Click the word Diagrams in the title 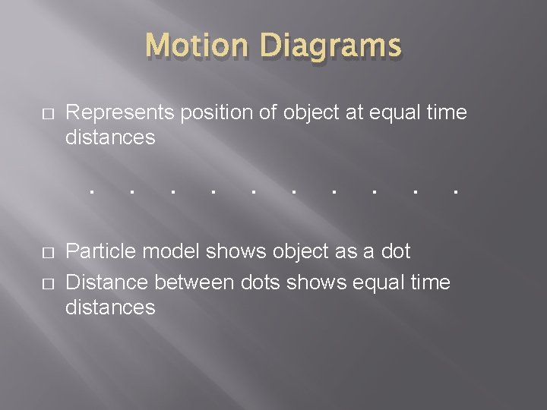[x=330, y=46]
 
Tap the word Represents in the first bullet [x=120, y=113]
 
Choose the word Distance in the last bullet [x=106, y=282]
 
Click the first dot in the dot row [x=90, y=191]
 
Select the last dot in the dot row [x=454, y=191]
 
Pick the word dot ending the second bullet [x=394, y=251]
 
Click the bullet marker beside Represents [x=47, y=114]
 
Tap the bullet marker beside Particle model [x=47, y=252]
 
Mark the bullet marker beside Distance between [x=47, y=283]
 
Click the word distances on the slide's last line [x=111, y=307]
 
